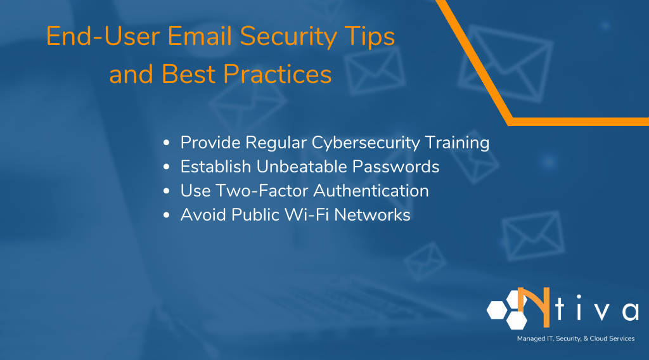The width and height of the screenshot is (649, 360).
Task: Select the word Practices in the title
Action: (x=278, y=75)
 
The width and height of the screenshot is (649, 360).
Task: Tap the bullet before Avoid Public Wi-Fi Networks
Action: (x=167, y=215)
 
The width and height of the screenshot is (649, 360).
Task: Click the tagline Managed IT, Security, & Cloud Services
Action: (x=575, y=339)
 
